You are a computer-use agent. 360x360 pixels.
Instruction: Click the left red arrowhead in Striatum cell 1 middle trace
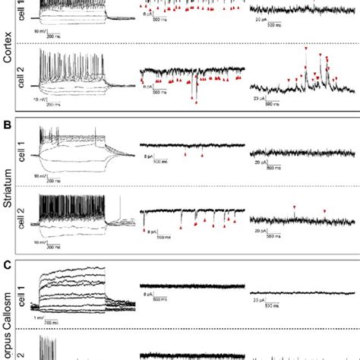coord(185,155)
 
